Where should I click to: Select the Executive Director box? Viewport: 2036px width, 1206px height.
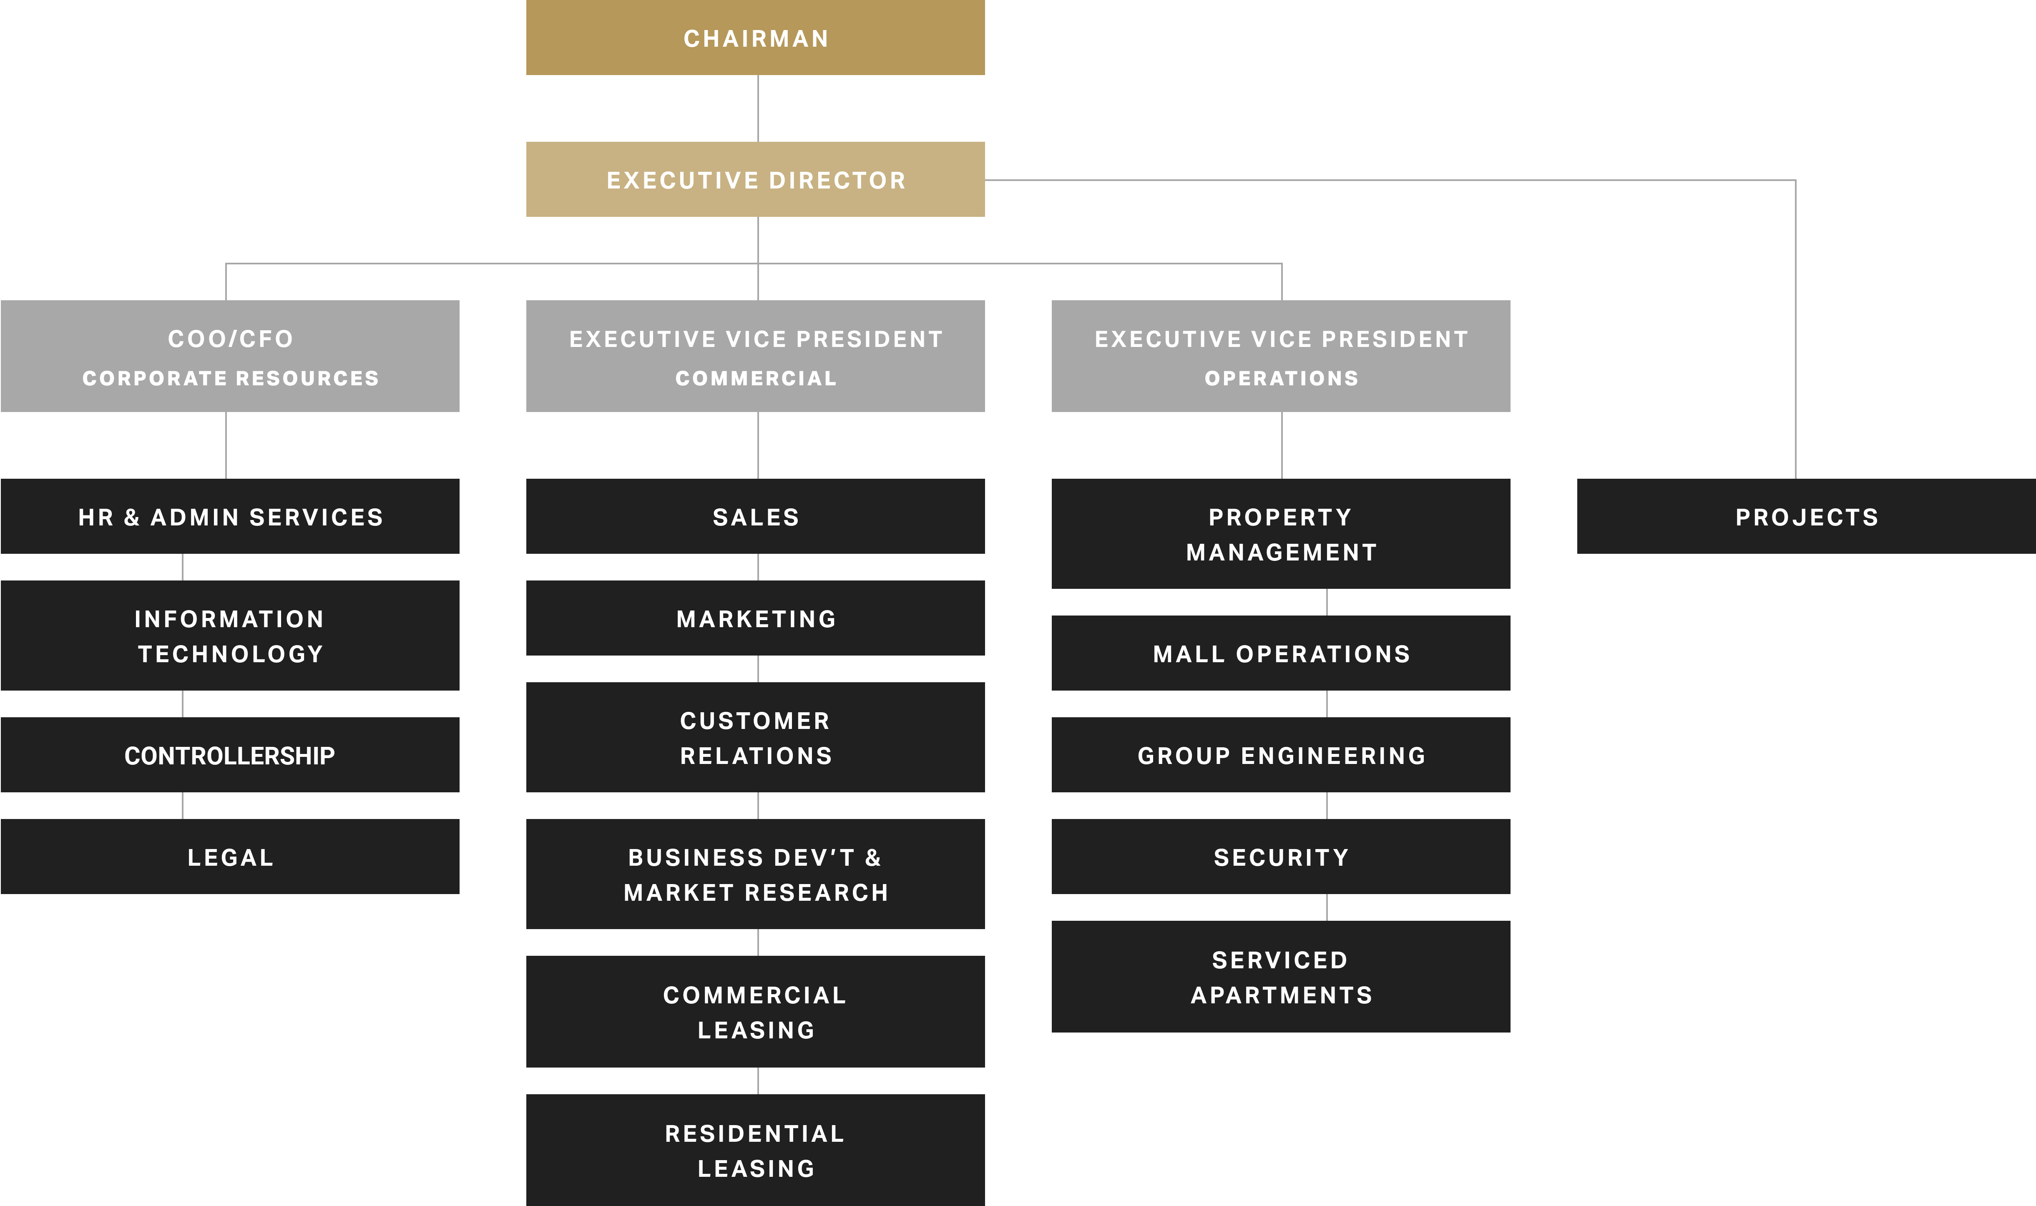755,180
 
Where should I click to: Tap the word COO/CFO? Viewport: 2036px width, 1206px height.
230,339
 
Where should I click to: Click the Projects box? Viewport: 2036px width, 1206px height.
1806,517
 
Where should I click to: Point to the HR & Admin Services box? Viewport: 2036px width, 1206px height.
230,517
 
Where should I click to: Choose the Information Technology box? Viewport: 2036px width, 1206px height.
230,636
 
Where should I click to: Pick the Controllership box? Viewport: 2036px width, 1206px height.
230,755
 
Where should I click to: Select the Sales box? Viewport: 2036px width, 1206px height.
755,517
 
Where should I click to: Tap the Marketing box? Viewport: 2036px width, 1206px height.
755,618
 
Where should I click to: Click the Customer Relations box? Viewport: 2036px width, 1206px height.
755,737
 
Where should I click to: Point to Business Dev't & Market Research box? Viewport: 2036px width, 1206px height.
755,874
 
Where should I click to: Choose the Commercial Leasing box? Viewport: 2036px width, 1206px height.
755,1012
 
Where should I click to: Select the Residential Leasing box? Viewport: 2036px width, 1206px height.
755,1150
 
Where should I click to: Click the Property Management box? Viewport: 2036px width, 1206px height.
1281,534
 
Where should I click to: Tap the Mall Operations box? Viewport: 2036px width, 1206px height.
1281,653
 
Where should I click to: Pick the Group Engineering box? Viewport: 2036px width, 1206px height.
1281,755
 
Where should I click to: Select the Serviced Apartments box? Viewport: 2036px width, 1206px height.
1281,977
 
